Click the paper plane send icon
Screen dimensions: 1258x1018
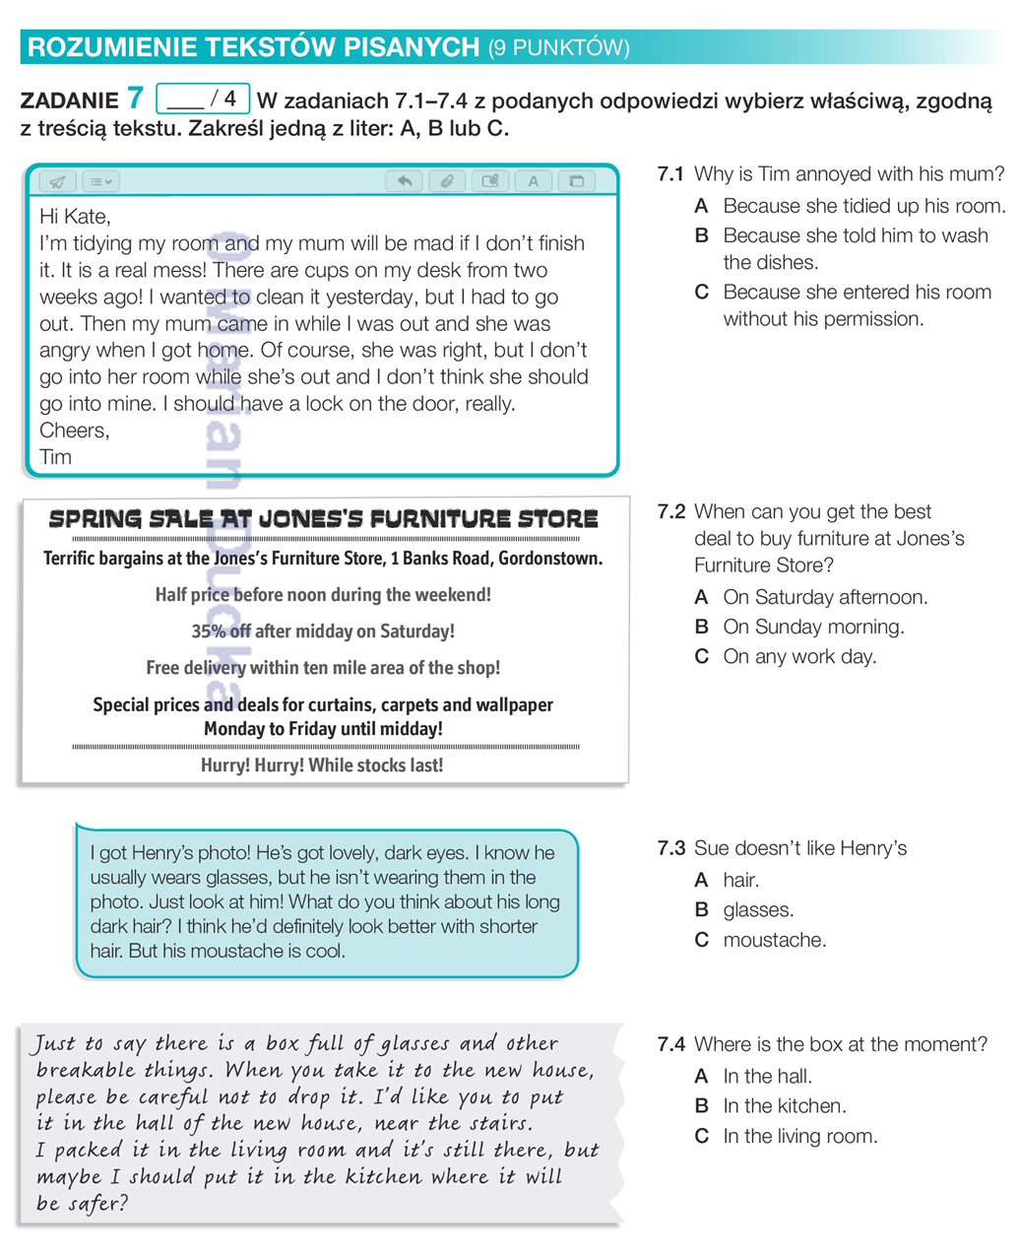coord(58,181)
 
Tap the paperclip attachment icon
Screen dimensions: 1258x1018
coord(446,181)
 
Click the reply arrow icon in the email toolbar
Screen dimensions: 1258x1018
coord(404,181)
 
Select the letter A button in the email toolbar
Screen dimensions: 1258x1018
coord(534,181)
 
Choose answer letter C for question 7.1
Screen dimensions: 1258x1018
coord(701,293)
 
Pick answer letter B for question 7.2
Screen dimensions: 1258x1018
coord(701,628)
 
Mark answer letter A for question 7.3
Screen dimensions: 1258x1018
coord(701,881)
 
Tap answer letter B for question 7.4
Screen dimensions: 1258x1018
coord(701,1106)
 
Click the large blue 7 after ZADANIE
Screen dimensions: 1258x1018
coord(135,99)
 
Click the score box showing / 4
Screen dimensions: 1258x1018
coord(204,99)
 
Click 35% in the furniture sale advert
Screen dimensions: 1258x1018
coord(209,631)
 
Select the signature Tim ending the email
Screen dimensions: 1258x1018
coord(55,457)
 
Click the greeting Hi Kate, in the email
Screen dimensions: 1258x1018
coord(75,217)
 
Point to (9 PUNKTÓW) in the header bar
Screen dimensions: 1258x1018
coord(558,47)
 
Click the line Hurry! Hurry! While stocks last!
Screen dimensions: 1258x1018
coord(322,765)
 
